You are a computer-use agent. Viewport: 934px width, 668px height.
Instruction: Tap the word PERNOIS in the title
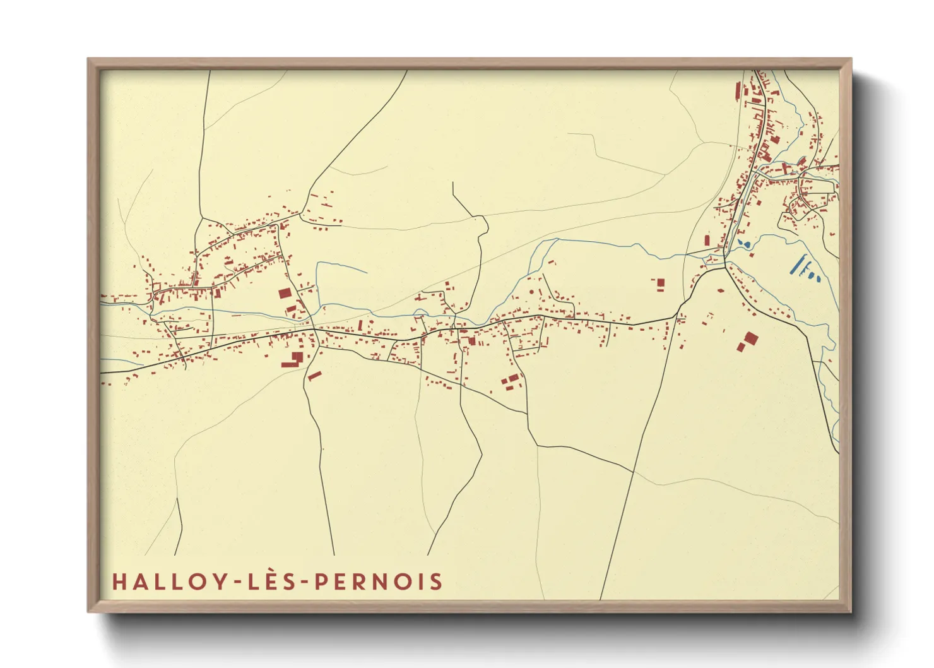[379, 582]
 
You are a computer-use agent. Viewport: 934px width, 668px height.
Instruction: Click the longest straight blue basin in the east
[800, 264]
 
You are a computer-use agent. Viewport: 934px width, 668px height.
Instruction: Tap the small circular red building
[531, 292]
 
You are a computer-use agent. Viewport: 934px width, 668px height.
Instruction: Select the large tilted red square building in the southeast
[750, 338]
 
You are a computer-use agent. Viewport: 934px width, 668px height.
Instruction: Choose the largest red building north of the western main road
[285, 293]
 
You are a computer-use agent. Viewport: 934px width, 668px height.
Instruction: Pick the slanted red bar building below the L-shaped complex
[314, 376]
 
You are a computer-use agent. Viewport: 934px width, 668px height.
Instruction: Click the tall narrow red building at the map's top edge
[737, 91]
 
